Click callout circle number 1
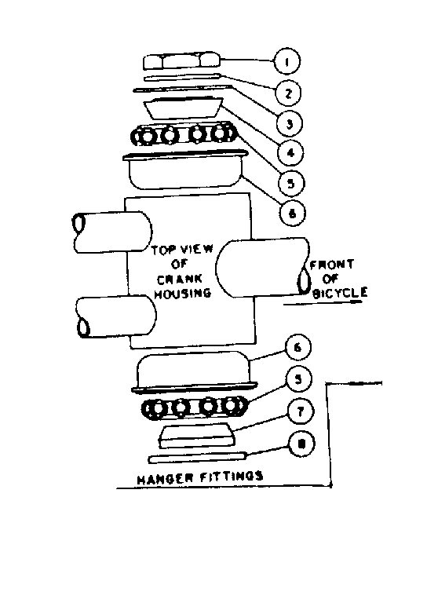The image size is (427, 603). (x=285, y=60)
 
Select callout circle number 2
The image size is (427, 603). (x=290, y=93)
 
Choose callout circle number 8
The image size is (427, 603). (x=301, y=445)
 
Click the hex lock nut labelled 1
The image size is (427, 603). (x=182, y=60)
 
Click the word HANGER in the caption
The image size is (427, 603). (x=160, y=477)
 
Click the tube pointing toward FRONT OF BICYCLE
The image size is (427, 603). (x=259, y=268)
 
